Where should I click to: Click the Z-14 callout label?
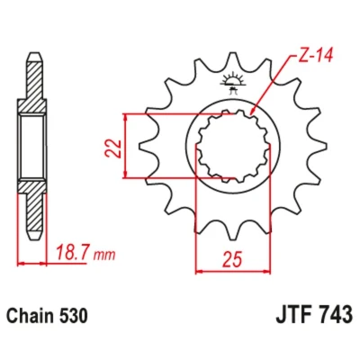coord(315,56)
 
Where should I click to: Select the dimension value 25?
coord(232,259)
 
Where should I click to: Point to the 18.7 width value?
coord(73,253)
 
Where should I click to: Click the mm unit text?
coord(104,256)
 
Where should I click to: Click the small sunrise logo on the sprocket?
coord(232,82)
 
